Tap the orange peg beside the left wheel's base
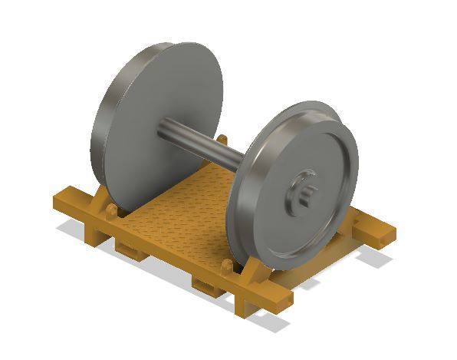pyautogui.click(x=112, y=210)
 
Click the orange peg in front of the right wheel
pyautogui.click(x=227, y=267)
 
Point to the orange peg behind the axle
pyautogui.click(x=222, y=140)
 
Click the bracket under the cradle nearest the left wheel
pyautogui.click(x=127, y=247)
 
